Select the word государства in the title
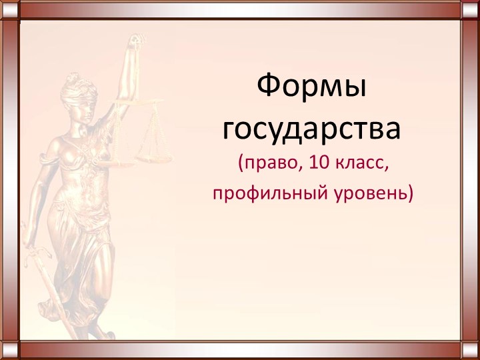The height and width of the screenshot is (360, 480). coord(312,129)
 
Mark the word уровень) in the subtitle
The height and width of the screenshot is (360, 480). coord(374,193)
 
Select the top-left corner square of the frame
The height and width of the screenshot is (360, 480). coord(10,10)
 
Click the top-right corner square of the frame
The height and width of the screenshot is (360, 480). coord(469,10)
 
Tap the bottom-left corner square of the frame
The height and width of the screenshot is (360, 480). coord(10,349)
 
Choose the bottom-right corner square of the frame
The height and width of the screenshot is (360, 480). coord(469,349)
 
